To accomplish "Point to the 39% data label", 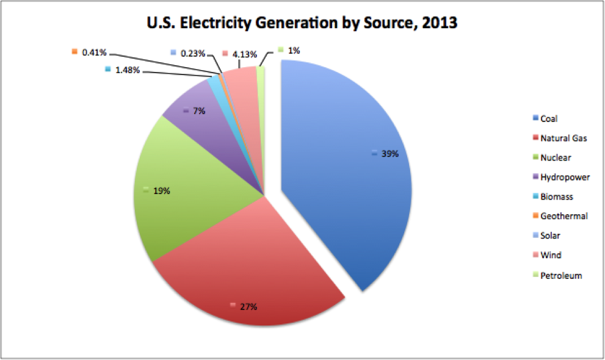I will point(389,154).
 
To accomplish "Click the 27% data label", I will point(248,306).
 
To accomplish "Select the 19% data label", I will point(162,191).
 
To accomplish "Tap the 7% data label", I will point(199,111).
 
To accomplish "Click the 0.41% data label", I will point(94,52).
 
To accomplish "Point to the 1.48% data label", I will point(128,70).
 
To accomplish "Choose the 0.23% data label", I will point(193,53).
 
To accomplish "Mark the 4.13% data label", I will point(245,53).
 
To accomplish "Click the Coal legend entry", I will point(549,118).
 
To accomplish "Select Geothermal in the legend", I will point(563,216).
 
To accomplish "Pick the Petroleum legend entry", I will point(561,275).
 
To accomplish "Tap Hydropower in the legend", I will point(565,177).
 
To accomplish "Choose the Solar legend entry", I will point(550,236).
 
